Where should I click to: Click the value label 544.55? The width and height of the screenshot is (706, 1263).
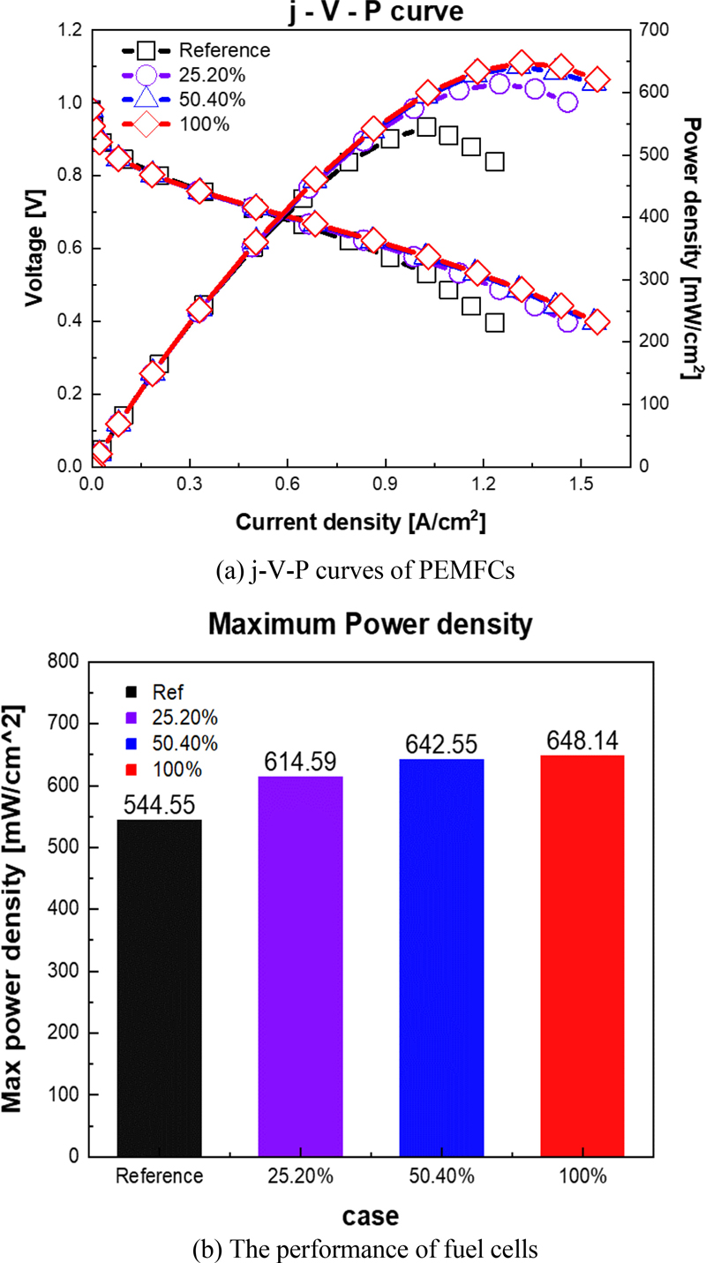pos(159,807)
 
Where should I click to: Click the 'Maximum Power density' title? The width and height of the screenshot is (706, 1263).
pos(370,625)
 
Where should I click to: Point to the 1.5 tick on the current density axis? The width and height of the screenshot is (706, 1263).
pos(580,485)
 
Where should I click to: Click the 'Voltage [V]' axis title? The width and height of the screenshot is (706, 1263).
pos(34,248)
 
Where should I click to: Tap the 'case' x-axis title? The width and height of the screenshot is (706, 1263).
pos(370,1216)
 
